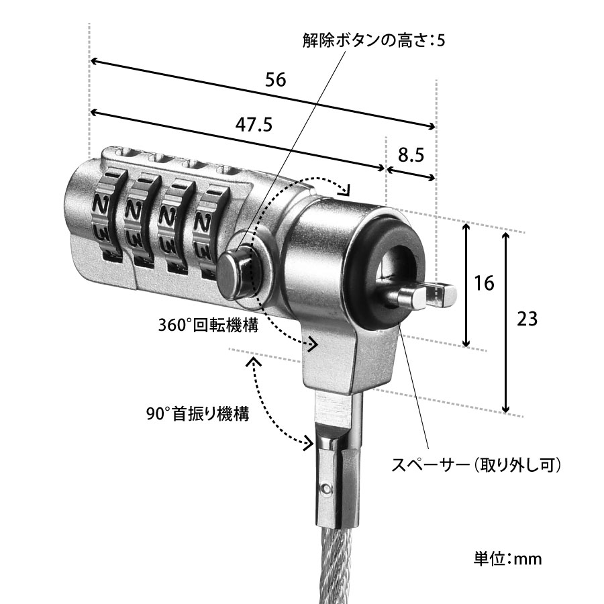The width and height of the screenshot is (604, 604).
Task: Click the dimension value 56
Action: (x=275, y=80)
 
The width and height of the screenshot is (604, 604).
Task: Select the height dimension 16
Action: (x=483, y=283)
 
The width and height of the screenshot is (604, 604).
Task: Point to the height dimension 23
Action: (x=528, y=319)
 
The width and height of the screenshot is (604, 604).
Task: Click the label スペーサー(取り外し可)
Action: (x=476, y=464)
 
